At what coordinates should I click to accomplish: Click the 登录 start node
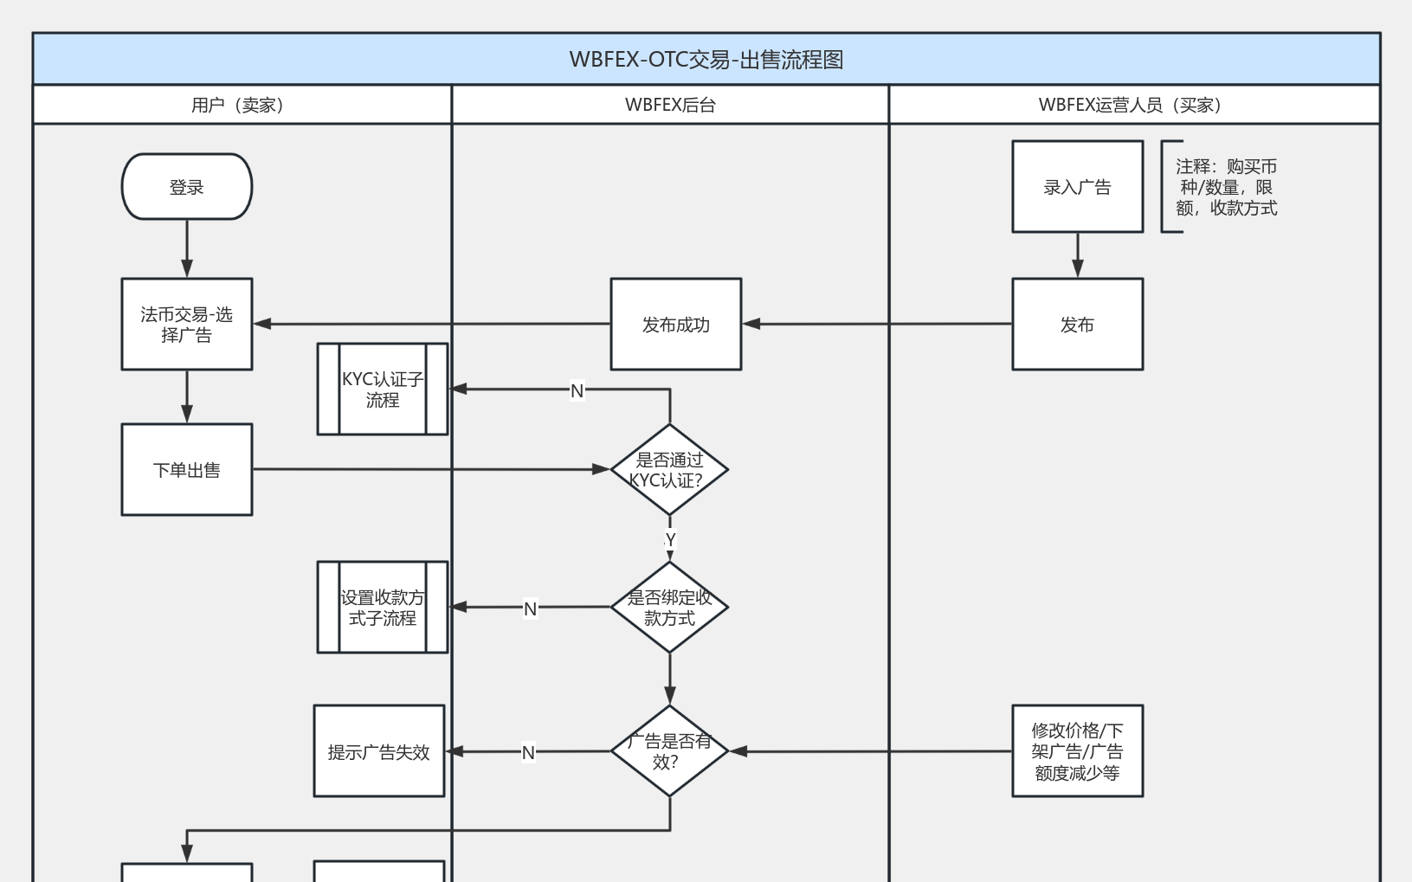(186, 187)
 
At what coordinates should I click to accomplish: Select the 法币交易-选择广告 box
(186, 325)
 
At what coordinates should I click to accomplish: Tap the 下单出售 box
(186, 470)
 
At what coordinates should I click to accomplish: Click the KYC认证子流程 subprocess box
(382, 389)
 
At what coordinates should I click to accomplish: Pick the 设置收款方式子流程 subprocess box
(382, 608)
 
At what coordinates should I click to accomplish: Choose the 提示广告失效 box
(378, 751)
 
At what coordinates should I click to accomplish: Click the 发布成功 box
(675, 325)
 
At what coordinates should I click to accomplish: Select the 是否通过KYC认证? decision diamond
(669, 470)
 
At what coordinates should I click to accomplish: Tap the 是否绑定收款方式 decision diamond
(669, 608)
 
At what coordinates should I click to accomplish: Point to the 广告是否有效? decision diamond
(669, 751)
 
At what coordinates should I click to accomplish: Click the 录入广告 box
(1077, 187)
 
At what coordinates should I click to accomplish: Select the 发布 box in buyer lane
(1077, 325)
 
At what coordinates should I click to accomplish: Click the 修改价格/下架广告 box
(1077, 751)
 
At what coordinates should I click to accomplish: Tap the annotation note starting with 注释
(1225, 187)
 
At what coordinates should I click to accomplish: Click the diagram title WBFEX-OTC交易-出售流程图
(706, 60)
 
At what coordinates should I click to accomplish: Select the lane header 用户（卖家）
(238, 105)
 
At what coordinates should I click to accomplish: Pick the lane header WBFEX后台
(670, 105)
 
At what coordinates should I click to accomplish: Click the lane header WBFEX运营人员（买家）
(1130, 105)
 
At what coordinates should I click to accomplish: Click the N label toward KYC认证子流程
(577, 390)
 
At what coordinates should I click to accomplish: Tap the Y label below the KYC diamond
(670, 539)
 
